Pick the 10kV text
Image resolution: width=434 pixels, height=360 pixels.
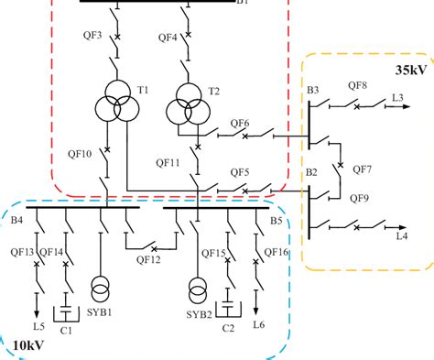click(x=28, y=344)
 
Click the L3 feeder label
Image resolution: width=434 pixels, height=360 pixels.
click(x=398, y=97)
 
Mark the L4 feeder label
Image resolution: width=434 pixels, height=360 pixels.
click(x=402, y=238)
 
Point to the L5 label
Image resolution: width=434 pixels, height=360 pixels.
click(x=38, y=326)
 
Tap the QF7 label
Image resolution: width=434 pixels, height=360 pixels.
click(x=361, y=169)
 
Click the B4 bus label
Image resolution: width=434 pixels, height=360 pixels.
click(x=16, y=219)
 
